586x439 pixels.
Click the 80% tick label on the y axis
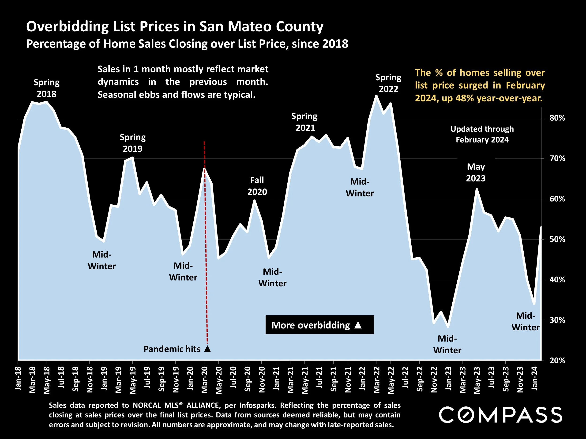click(x=557, y=118)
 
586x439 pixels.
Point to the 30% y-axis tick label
click(x=557, y=320)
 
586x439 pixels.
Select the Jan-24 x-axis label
click(x=535, y=378)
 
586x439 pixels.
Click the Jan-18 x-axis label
click(x=18, y=378)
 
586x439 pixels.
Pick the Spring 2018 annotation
click(x=47, y=88)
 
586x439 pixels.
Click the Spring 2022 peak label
click(x=388, y=83)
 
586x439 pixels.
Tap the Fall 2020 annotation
click(x=257, y=186)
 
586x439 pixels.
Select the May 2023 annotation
click(x=476, y=172)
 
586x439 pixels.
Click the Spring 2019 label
click(x=132, y=143)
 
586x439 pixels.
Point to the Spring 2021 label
click(x=305, y=122)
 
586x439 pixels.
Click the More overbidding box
click(x=319, y=325)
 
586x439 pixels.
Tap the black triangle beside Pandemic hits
click(x=207, y=349)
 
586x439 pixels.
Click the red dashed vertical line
click(x=206, y=238)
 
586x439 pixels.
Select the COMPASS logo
click(x=501, y=415)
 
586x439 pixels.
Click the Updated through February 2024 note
click(x=482, y=134)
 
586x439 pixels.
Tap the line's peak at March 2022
click(x=376, y=96)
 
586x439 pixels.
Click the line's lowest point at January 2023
click(x=448, y=327)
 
